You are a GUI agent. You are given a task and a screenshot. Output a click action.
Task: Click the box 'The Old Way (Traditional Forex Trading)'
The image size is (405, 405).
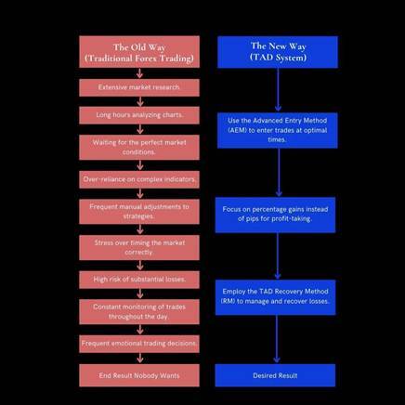[139, 52]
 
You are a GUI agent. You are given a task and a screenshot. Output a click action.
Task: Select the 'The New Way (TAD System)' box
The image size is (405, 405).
[278, 52]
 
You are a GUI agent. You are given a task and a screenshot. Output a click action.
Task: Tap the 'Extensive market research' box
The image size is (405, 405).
[139, 87]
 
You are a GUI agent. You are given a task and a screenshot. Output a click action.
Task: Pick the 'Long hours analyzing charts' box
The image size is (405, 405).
[139, 115]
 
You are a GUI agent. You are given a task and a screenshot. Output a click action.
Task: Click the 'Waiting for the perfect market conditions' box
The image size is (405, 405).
[139, 148]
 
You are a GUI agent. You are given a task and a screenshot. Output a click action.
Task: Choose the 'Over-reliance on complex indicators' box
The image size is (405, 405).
[139, 179]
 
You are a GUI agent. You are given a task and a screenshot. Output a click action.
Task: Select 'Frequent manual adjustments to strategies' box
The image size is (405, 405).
[139, 212]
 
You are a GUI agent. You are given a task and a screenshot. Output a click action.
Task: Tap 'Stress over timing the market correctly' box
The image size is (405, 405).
[139, 248]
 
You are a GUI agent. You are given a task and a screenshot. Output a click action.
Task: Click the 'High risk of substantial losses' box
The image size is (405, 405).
[139, 280]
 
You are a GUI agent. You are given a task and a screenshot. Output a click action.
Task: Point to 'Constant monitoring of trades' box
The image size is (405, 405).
[139, 312]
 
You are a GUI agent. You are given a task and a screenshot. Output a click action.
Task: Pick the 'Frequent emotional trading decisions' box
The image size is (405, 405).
[139, 344]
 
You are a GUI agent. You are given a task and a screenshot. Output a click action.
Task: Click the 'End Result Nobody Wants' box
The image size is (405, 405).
[139, 375]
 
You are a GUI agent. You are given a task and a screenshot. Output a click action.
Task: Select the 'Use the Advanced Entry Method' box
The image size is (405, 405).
[278, 130]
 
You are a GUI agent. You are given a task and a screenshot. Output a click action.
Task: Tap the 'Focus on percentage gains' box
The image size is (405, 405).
[275, 215]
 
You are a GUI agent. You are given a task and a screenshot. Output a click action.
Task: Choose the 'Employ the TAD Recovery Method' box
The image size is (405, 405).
[275, 297]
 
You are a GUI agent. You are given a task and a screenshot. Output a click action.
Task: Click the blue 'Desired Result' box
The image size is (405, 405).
[275, 375]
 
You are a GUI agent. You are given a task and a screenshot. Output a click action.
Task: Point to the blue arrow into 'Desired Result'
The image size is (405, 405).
[277, 339]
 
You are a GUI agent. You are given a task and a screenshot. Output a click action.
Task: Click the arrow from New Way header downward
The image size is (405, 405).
[278, 89]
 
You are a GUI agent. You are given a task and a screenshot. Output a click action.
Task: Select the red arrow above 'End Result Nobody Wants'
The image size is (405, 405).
[140, 358]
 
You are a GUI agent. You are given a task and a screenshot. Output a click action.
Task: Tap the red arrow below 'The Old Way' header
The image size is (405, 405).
[140, 73]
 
